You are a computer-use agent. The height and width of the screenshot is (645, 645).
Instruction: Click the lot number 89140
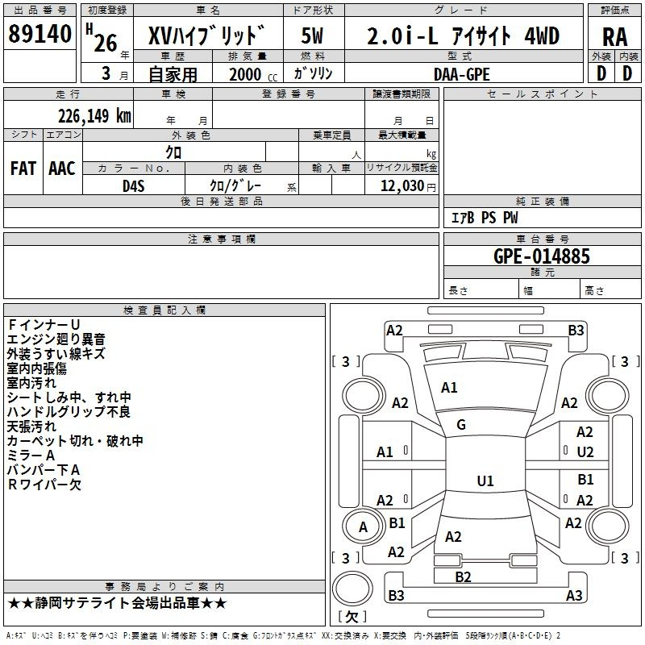[x=40, y=34]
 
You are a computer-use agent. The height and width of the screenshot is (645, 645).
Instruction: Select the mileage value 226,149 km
[x=94, y=116]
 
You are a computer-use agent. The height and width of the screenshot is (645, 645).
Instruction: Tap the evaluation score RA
[x=614, y=37]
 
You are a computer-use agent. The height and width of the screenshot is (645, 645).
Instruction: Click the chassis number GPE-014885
[x=541, y=256]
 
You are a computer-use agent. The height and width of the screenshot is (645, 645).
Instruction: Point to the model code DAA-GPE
[x=461, y=74]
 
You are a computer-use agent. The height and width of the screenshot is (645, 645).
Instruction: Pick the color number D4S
[x=134, y=186]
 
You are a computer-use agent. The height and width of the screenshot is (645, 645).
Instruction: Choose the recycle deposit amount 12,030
[x=402, y=186]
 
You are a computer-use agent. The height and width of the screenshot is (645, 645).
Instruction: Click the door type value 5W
[x=312, y=35]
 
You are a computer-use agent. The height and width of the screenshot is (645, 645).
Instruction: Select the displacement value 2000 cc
[x=253, y=74]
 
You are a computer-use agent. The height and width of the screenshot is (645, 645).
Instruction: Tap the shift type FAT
[x=23, y=169]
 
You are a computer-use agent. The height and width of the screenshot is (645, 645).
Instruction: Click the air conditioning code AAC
[x=62, y=169]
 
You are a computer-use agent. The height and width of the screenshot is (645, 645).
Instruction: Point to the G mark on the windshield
[x=461, y=425]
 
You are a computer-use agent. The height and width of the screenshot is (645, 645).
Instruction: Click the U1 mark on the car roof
[x=485, y=481]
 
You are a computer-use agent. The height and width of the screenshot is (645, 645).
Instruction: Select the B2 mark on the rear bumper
[x=463, y=577]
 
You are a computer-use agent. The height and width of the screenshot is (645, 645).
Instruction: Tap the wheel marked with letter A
[x=363, y=527]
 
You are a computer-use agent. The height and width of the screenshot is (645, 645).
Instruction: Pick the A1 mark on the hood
[x=449, y=388]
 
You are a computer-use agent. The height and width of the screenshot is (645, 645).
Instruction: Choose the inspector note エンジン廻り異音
[x=56, y=339]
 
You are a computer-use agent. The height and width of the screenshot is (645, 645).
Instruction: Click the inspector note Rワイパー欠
[x=44, y=485]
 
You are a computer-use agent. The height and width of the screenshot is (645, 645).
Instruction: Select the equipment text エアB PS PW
[x=485, y=218]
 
